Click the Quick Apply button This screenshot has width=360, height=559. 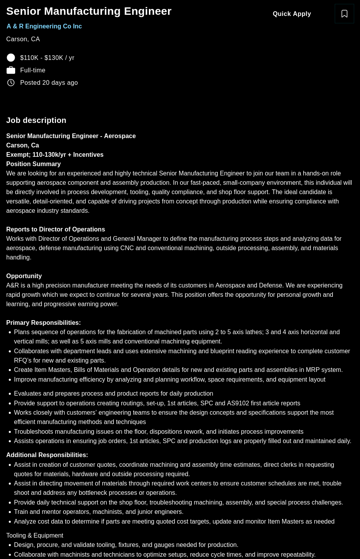(292, 14)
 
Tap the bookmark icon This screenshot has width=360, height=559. (344, 14)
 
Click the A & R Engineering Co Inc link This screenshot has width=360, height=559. (44, 26)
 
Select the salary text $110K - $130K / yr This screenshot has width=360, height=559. (47, 58)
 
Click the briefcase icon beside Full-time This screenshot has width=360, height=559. (11, 70)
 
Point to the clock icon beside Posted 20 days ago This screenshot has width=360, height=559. (11, 83)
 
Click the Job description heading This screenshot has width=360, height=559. (36, 120)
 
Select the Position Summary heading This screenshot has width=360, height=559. (33, 164)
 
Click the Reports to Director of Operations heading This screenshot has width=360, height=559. (56, 230)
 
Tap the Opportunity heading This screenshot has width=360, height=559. (24, 276)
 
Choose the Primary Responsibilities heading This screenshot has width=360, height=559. (44, 323)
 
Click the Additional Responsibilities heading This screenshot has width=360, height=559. (47, 455)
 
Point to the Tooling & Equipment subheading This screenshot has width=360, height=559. (35, 536)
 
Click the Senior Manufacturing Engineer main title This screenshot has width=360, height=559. (89, 11)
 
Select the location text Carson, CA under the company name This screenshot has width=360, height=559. (23, 39)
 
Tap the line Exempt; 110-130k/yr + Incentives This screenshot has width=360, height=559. (55, 155)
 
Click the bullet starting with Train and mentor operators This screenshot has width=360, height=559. (98, 512)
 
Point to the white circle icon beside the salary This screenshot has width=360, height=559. (11, 58)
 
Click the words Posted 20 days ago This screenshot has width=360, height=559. (49, 83)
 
